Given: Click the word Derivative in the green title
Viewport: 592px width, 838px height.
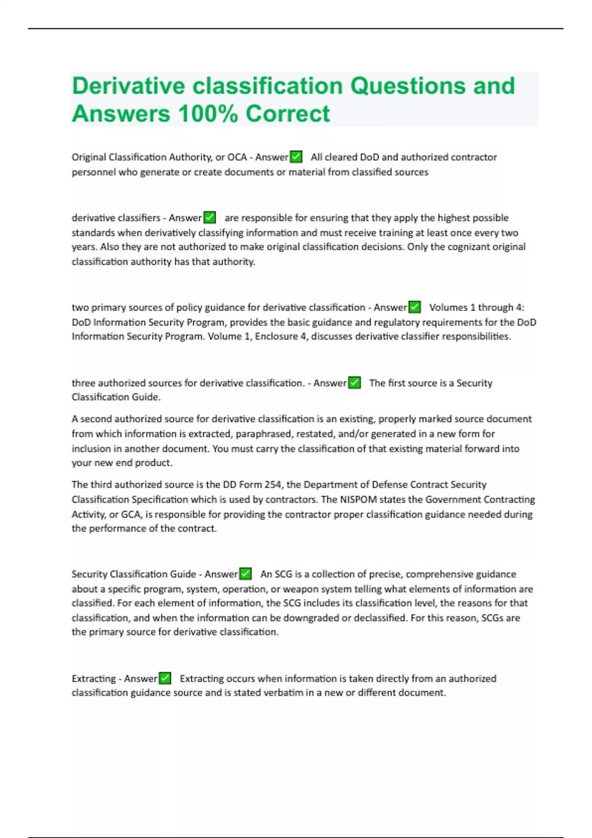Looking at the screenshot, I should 129,86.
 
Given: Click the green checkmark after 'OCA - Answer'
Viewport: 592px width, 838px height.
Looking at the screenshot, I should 296,157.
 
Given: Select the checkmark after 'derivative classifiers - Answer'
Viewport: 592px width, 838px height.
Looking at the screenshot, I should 210,218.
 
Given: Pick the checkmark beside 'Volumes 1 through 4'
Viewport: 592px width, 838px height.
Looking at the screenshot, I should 414,308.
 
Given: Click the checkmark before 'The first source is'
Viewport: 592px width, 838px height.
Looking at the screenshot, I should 354,383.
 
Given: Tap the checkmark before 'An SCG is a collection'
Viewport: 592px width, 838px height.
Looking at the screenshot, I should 245,574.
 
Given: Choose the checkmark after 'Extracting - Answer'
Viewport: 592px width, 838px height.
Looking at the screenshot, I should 165,679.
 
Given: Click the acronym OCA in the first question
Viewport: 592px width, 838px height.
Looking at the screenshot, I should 237,157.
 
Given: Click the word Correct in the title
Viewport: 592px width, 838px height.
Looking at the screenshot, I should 288,114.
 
